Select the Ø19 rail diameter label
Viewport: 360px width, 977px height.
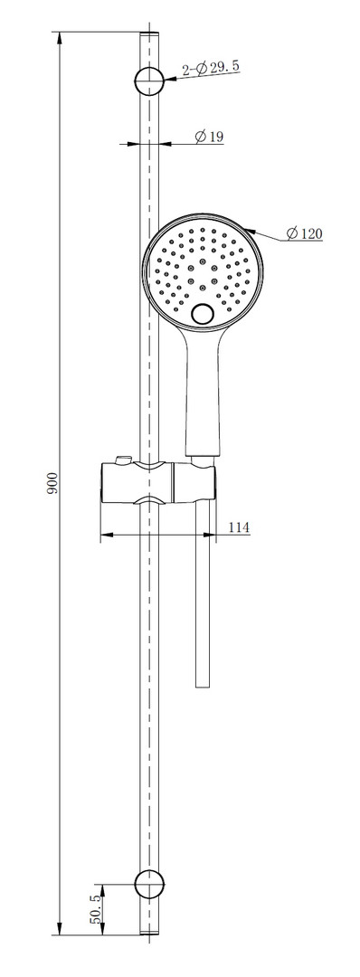click(209, 137)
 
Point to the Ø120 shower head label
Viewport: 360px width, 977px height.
click(305, 233)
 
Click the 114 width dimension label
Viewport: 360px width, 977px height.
click(239, 527)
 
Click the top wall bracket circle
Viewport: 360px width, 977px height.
click(149, 81)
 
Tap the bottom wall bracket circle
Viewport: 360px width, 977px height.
click(149, 882)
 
